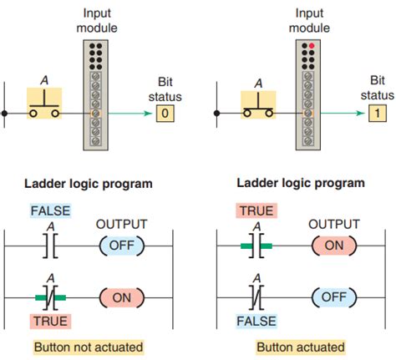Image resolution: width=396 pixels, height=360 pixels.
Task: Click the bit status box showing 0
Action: pos(165,111)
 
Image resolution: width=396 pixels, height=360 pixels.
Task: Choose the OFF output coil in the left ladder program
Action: pos(122,246)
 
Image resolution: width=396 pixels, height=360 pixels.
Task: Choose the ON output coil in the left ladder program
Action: pos(122,297)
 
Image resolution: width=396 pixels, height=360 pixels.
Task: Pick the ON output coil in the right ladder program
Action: pos(334,246)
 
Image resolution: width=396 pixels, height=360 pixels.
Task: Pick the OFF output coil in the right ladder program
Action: pos(334,297)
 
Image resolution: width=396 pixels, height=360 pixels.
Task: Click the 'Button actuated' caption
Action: pos(300,347)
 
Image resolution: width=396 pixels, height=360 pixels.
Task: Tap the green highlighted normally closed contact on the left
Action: pos(48,297)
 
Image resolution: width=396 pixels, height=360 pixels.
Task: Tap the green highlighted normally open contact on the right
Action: pos(260,246)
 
